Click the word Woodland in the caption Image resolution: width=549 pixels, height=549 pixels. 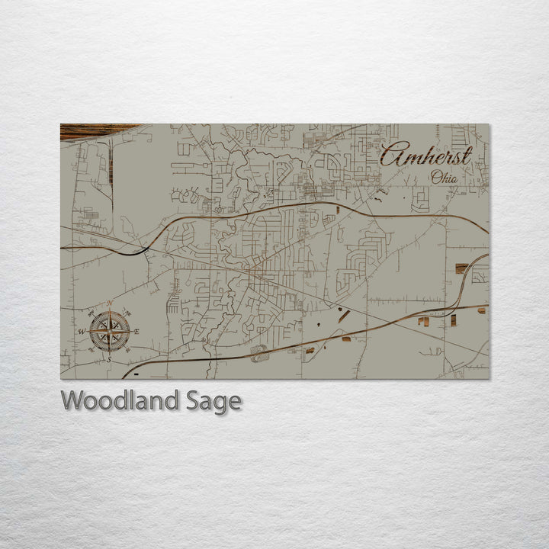121,400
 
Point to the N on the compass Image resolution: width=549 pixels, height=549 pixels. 111,303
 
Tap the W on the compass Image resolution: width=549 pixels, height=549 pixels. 82,332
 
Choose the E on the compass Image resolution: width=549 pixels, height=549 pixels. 137,331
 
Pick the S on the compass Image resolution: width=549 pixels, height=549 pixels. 108,358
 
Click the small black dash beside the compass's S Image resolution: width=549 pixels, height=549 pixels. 136,374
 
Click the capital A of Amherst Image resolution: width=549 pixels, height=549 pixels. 391,156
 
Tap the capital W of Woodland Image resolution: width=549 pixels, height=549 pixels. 74,400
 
